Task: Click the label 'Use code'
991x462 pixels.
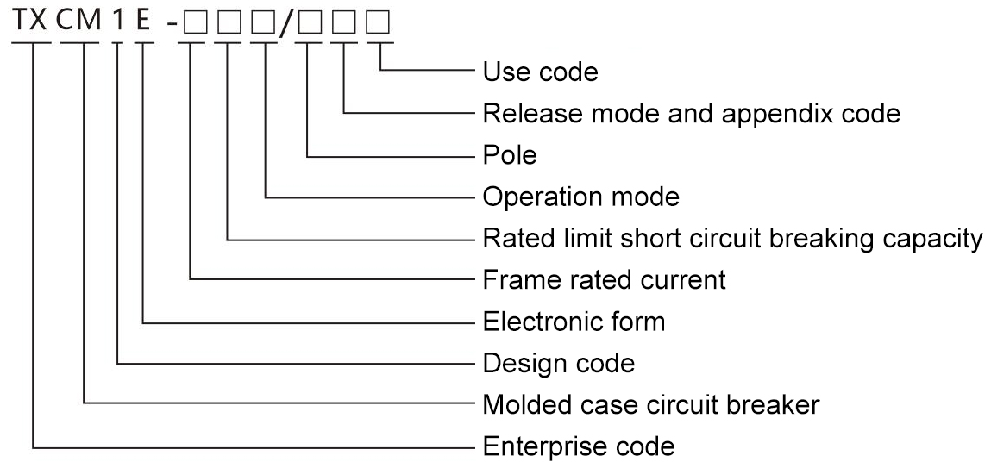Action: (x=540, y=72)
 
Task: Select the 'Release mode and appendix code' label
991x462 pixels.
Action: (x=692, y=114)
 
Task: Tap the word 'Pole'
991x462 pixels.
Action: (x=510, y=156)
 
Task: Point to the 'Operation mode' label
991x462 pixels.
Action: (x=580, y=197)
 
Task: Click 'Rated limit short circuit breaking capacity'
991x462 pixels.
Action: (x=732, y=239)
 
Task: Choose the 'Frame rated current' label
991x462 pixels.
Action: (x=604, y=280)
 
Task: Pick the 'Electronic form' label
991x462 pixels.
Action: (x=574, y=322)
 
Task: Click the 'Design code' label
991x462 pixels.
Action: (x=559, y=364)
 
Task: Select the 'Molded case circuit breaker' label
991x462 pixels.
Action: (x=651, y=405)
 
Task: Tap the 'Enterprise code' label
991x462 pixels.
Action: (x=578, y=447)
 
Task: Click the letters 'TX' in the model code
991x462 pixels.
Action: (x=31, y=21)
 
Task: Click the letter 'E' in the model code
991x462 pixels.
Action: (x=143, y=21)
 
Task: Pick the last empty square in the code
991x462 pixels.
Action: (x=379, y=23)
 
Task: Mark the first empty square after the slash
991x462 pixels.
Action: (x=308, y=23)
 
